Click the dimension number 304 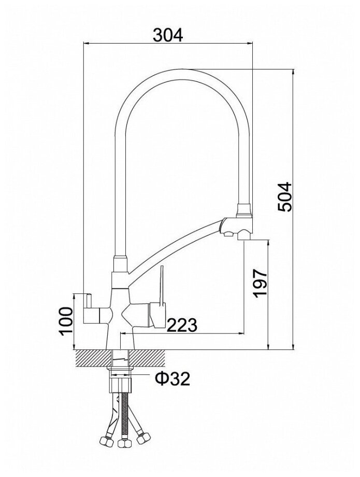coord(168,35)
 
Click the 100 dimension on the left coord(64,321)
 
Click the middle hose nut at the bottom coord(123,444)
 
